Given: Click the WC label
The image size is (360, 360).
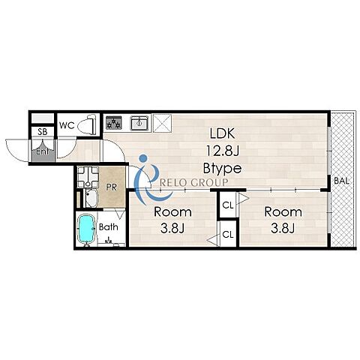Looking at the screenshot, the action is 67,125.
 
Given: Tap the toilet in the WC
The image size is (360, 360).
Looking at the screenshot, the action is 87,124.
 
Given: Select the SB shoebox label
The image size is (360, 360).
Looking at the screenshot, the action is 43,132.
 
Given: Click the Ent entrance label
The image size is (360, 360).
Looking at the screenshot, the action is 42,151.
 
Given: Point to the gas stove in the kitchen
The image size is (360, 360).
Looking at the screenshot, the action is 113,123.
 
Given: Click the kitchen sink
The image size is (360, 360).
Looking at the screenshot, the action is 139,123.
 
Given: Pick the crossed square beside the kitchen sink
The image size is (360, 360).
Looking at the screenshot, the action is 162,123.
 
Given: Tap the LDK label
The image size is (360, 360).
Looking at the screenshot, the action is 222,133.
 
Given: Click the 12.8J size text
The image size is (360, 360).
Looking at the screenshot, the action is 223,151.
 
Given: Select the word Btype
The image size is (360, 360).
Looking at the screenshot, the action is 222,168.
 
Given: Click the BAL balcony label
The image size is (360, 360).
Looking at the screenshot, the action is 341,181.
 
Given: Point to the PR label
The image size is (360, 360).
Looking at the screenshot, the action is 111,187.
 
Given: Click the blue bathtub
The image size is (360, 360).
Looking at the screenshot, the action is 86,229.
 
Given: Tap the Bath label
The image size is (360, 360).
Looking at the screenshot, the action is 109,227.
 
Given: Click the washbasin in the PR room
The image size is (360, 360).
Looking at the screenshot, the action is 91,198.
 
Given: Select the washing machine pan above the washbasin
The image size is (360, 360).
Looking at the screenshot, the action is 88,177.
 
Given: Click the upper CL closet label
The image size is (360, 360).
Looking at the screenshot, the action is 228,205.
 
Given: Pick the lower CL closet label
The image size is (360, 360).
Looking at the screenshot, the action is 228,235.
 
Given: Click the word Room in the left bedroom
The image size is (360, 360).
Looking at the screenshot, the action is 172,212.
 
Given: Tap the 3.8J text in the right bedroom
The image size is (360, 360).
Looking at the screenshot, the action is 283,228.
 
